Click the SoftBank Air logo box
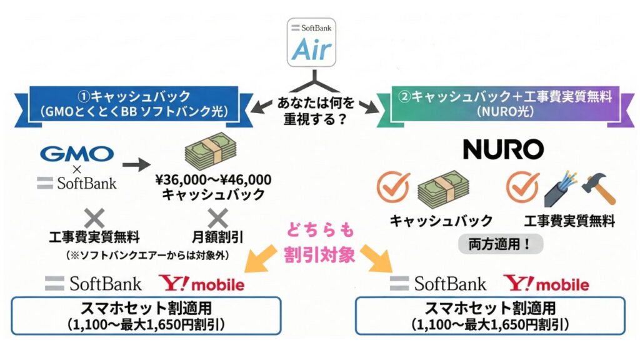point(311,42)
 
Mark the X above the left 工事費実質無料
point(94,217)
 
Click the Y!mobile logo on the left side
point(202,284)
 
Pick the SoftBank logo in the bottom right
point(438,284)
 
